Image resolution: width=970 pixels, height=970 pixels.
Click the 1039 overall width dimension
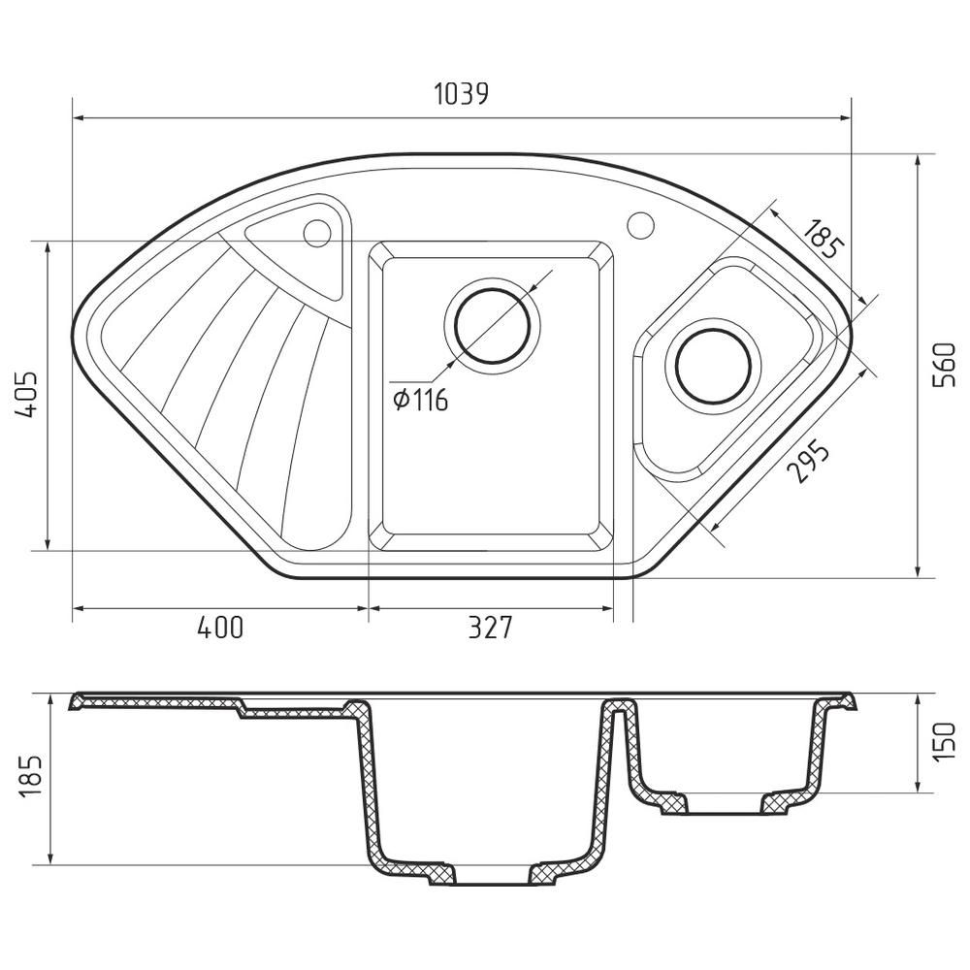coord(461,94)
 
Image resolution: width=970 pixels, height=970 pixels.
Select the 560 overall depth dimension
coord(944,365)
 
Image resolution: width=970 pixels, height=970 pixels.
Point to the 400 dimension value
coord(220,629)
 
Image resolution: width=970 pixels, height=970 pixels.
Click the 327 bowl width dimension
coord(489,629)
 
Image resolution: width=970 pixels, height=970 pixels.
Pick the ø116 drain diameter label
coord(421,399)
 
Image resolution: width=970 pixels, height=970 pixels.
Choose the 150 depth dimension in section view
coord(944,742)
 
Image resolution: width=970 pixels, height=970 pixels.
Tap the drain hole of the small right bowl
coord(713,366)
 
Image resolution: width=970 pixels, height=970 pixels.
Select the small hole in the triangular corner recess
coord(316,233)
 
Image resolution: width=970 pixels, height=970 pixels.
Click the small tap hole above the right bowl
coord(640,224)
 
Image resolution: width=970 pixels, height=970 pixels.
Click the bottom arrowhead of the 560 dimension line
coord(920,571)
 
